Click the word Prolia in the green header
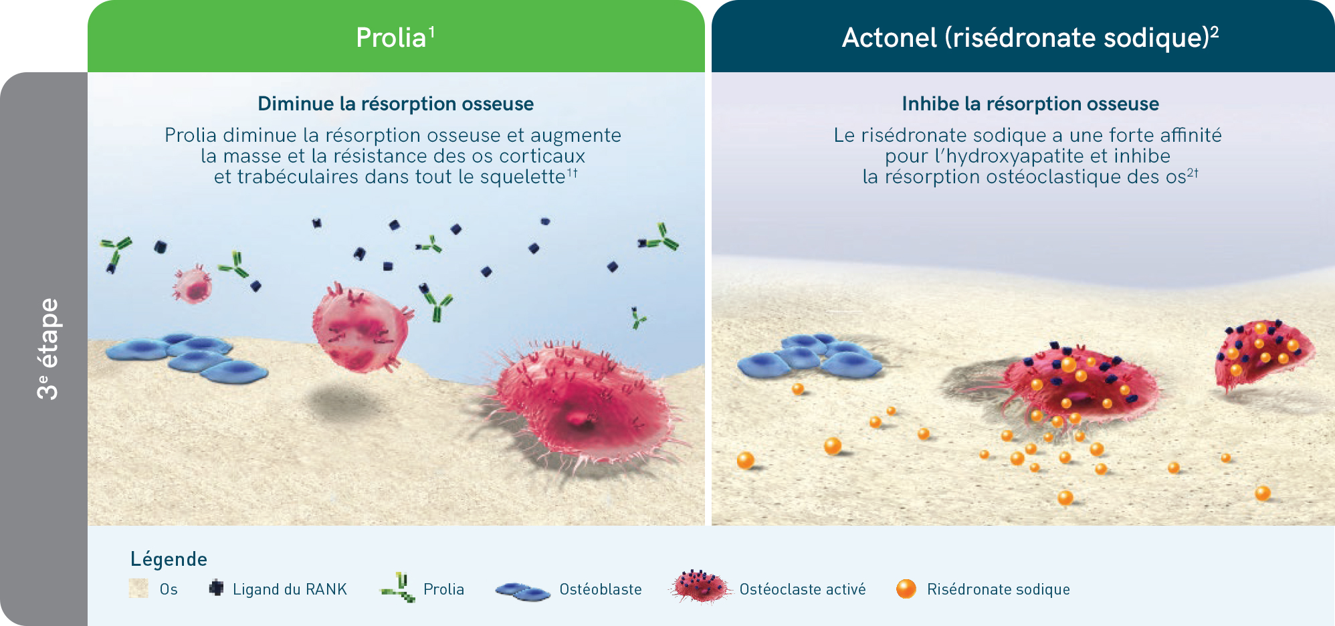click(391, 37)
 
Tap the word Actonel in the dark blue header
click(889, 37)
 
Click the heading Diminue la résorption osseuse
click(396, 104)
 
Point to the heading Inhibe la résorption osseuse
click(1030, 104)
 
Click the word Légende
click(169, 559)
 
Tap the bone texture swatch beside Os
click(138, 588)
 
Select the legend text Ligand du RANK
click(290, 589)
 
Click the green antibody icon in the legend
click(399, 587)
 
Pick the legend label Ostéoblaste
click(601, 589)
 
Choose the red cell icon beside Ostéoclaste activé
click(700, 587)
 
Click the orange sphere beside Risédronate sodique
click(906, 589)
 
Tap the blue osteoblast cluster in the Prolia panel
click(187, 358)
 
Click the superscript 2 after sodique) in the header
click(1215, 31)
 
